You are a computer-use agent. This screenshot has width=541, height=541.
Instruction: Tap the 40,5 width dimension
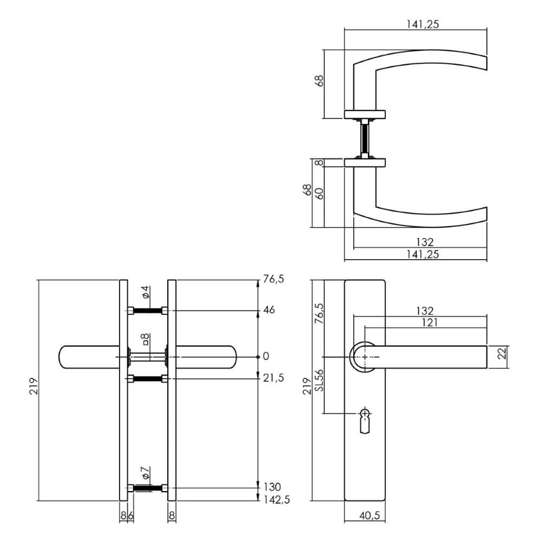point(365,515)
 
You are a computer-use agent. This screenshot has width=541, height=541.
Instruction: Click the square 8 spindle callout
point(145,340)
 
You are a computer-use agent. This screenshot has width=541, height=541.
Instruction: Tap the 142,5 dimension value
point(276,500)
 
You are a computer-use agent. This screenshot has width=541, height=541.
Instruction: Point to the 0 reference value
point(265,356)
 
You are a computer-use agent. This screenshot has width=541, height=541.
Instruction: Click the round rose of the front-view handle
point(364,357)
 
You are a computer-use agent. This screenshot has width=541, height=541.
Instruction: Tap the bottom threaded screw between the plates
point(147,489)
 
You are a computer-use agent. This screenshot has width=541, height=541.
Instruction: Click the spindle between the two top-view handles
point(365,139)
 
